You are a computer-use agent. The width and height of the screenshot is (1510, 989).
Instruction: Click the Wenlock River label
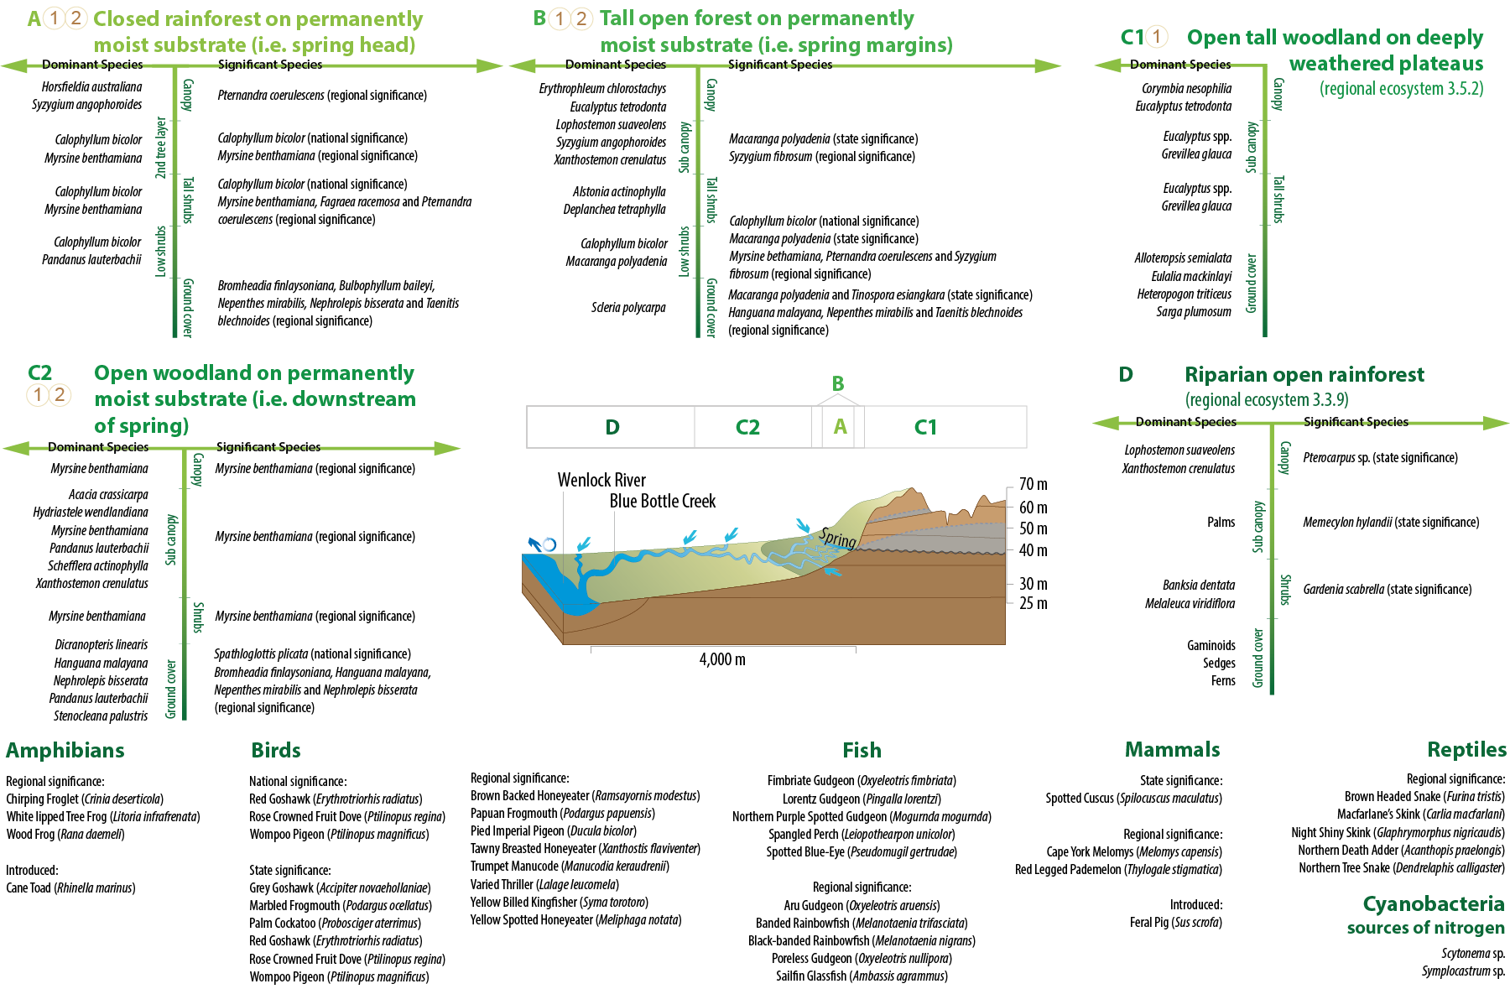point(601,480)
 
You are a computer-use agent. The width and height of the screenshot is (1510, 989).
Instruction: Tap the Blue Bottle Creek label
point(663,501)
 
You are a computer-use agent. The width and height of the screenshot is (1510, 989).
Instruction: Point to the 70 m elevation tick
point(1033,485)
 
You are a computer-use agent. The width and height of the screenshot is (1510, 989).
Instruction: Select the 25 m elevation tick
point(1033,603)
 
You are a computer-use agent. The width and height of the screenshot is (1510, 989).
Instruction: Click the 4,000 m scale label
point(722,659)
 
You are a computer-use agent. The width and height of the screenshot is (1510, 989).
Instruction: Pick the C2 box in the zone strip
point(747,427)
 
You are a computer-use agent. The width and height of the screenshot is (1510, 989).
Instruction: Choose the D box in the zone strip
point(612,427)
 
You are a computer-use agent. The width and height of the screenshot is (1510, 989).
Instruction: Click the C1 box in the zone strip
point(925,427)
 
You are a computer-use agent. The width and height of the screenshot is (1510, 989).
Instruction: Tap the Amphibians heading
point(65,751)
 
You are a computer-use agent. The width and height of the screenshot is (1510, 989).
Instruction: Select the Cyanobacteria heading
point(1433,904)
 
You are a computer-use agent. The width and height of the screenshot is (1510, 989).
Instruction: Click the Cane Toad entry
point(70,887)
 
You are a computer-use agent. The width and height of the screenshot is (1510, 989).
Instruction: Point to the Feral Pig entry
point(1175,922)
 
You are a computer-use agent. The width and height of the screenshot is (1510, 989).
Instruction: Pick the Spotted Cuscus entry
point(1133,798)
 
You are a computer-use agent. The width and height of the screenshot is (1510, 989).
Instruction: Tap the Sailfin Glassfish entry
point(862,976)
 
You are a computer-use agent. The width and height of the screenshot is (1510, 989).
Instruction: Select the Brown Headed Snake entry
point(1424,796)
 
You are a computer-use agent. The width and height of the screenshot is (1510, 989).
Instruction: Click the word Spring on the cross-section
point(837,538)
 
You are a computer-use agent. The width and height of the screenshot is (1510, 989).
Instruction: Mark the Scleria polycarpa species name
point(627,308)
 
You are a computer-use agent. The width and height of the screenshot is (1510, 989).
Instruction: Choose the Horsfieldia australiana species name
point(91,86)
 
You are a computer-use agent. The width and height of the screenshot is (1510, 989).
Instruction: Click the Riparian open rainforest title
point(1304,374)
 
